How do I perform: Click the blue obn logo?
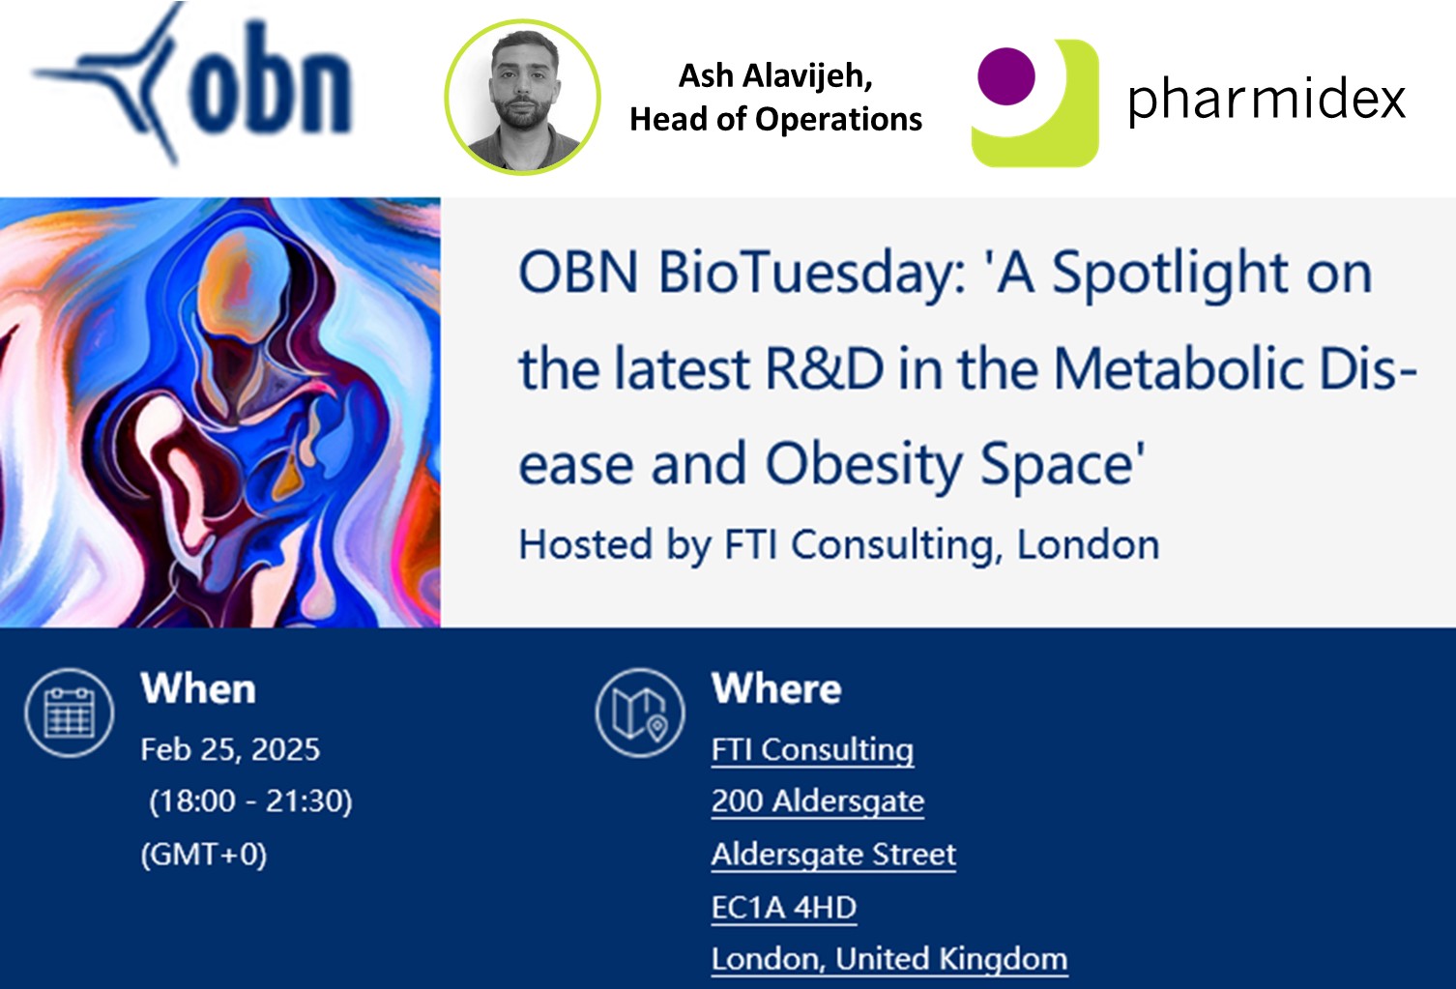(192, 83)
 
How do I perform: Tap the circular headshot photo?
(523, 98)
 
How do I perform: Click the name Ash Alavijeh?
(775, 76)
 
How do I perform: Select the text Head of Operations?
(775, 119)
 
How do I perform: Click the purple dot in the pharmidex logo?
(1006, 76)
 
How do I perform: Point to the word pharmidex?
(1267, 100)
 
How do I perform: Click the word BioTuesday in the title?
(813, 274)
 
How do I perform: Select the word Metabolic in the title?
(1178, 369)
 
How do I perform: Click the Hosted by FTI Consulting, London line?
(839, 544)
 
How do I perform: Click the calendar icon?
(70, 713)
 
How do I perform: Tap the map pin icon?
(640, 713)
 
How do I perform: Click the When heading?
(198, 688)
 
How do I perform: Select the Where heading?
(776, 688)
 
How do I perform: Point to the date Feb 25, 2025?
(230, 750)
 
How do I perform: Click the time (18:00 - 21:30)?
(251, 801)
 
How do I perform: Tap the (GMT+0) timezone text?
(204, 854)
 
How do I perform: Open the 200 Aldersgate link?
(818, 801)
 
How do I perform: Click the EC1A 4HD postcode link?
(784, 907)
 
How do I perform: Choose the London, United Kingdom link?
(889, 959)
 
